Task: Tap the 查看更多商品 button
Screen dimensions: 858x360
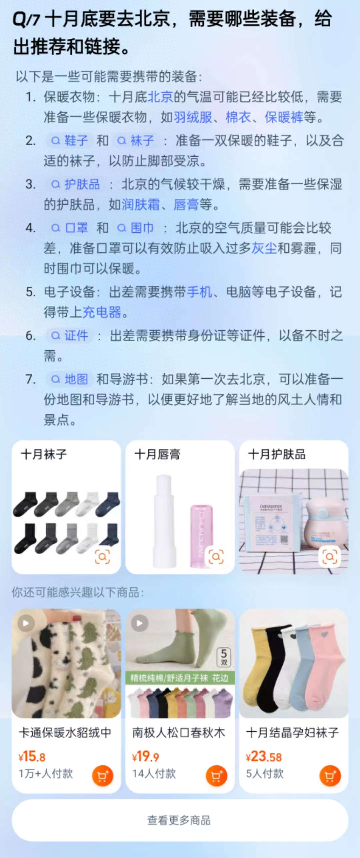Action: pos(180,820)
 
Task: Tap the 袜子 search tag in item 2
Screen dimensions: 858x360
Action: pos(136,141)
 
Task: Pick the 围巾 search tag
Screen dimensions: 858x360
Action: pos(136,228)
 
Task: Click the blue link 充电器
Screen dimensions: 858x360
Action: pos(102,312)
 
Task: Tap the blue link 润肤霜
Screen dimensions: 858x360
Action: pos(141,204)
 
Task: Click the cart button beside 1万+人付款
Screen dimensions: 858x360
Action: pos(102,776)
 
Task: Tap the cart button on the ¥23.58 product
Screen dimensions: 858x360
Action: pos(330,776)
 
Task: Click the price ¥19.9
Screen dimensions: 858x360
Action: pos(146,757)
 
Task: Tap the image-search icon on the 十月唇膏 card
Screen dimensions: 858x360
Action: pos(216,557)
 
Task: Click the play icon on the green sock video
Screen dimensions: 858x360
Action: pos(140,623)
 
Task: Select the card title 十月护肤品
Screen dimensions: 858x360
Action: pos(277,454)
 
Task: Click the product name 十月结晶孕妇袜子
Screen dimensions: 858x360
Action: pos(292,733)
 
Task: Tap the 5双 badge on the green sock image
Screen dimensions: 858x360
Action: pos(224,657)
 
